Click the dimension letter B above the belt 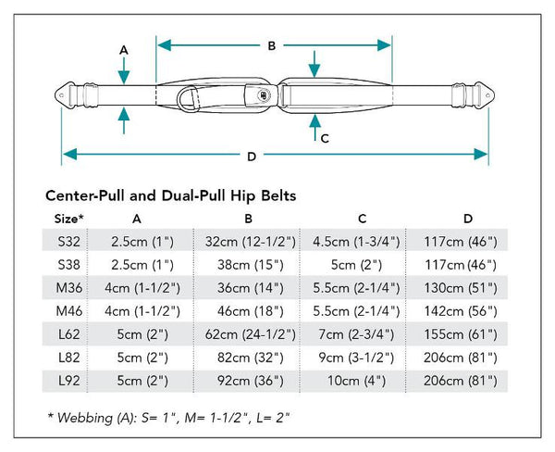point(271,46)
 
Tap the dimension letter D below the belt point(252,157)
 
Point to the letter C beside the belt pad point(325,138)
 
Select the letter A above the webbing point(124,50)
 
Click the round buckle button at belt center point(265,95)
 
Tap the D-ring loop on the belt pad point(188,98)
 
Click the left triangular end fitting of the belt point(62,95)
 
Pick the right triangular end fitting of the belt point(487,95)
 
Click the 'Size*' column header point(69,219)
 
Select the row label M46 point(69,311)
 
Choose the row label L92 point(69,381)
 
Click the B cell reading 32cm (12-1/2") point(251,242)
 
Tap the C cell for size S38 point(356,265)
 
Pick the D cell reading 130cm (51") point(461,288)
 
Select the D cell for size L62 point(461,334)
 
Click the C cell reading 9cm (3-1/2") point(356,358)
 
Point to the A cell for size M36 point(142,288)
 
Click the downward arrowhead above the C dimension point(314,70)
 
